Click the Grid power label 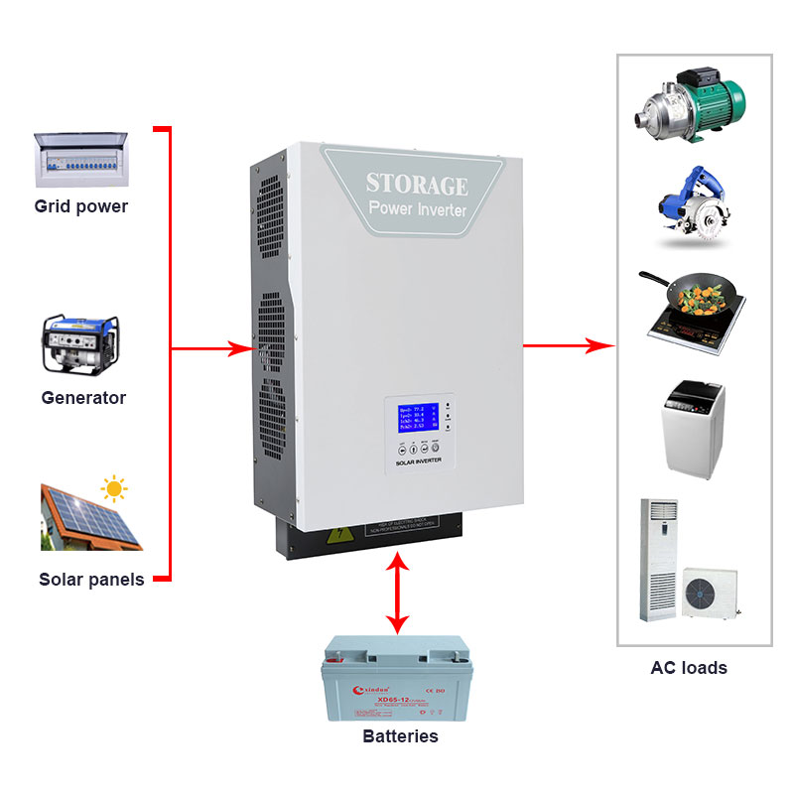click(81, 207)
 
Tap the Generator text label click(83, 398)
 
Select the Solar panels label click(91, 580)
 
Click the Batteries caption click(400, 736)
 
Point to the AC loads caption click(689, 668)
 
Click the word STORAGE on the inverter click(416, 185)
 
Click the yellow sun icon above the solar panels click(115, 488)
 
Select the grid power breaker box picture click(81, 159)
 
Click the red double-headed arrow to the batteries click(398, 594)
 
